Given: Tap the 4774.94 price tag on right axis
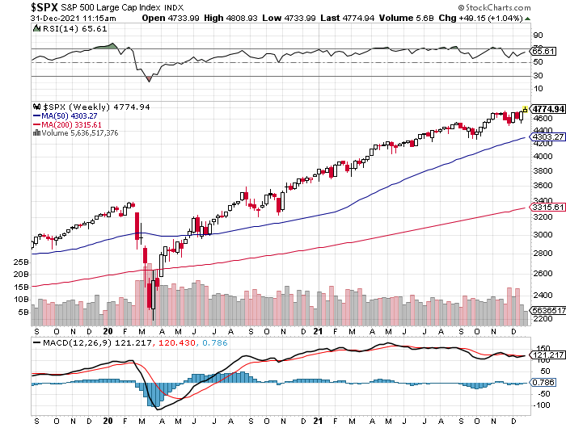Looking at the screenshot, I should coord(546,107).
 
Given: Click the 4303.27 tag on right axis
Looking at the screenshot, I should coord(546,137).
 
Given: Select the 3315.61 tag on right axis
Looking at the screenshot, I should coord(546,208).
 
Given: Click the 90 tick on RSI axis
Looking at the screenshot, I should coord(536,36).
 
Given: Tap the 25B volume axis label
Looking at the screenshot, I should coord(21,262).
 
